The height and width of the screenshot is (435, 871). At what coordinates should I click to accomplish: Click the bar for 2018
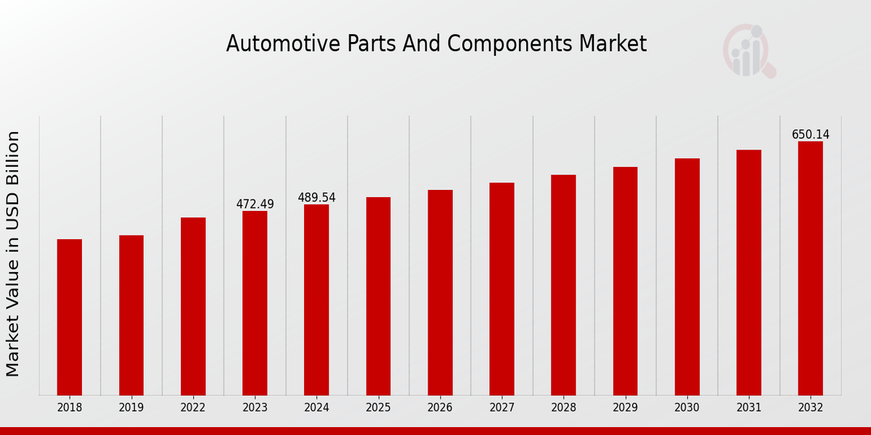click(x=70, y=317)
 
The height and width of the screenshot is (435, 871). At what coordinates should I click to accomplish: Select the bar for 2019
click(x=131, y=315)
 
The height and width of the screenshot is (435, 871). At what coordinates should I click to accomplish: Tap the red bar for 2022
click(x=193, y=306)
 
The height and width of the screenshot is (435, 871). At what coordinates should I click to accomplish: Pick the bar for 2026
click(x=440, y=292)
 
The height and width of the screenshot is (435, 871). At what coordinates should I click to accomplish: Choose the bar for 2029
click(x=625, y=281)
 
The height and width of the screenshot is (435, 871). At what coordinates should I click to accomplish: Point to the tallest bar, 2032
click(x=810, y=268)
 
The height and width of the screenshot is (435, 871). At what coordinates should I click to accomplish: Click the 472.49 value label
click(x=255, y=204)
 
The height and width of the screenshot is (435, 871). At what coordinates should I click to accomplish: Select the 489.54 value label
click(x=316, y=198)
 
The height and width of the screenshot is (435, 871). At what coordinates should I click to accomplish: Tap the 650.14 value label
click(x=810, y=135)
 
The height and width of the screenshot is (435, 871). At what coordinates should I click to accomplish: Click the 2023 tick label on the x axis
click(x=255, y=407)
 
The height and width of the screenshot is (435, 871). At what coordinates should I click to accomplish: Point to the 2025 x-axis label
click(x=378, y=407)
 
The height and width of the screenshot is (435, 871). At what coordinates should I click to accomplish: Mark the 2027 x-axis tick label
click(x=502, y=407)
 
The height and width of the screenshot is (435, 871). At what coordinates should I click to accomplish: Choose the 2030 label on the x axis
click(x=687, y=407)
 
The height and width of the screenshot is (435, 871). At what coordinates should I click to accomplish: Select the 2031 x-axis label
click(x=748, y=407)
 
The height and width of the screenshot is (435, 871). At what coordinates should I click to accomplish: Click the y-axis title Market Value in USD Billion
click(x=13, y=254)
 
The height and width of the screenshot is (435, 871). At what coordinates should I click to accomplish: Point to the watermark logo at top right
click(x=748, y=51)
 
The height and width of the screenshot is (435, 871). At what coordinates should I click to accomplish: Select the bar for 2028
click(x=563, y=285)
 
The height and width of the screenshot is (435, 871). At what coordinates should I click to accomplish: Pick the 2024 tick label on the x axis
click(x=316, y=407)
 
